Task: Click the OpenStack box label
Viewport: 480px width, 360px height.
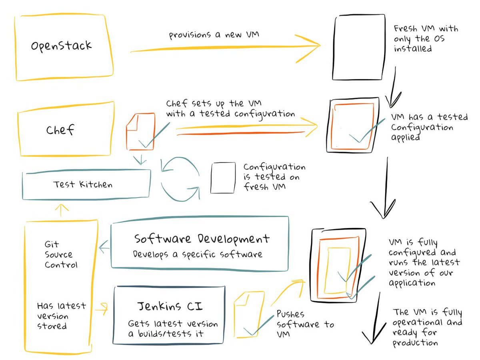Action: [x=61, y=45]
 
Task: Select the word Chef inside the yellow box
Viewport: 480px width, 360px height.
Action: [x=60, y=130]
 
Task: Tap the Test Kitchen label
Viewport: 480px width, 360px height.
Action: [x=83, y=184]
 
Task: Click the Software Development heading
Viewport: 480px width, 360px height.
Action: [x=202, y=239]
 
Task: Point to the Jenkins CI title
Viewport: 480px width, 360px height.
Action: [x=170, y=307]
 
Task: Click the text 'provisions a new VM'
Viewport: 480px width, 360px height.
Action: [x=214, y=35]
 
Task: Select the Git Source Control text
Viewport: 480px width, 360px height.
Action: [x=59, y=254]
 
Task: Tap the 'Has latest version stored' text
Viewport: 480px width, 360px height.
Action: [x=61, y=316]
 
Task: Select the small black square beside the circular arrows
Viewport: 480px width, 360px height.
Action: [x=223, y=178]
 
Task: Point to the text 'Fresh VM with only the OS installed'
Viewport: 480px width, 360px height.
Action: [x=425, y=39]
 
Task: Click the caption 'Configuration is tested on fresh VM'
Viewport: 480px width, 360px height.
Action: [x=274, y=176]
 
